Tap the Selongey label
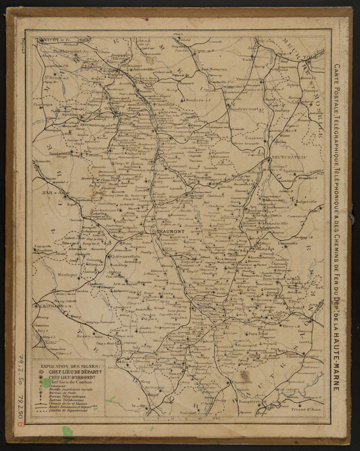[154, 388]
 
